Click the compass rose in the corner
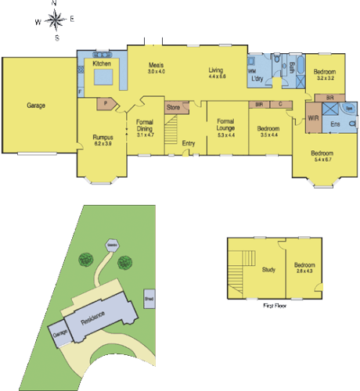point(55,20)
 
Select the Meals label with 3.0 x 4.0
point(157,69)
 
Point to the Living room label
point(216,74)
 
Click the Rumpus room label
point(103,141)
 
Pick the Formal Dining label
point(145,128)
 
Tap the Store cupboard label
point(173,106)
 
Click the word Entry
point(189,143)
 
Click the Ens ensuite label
point(335,124)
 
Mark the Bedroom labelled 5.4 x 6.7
point(322,156)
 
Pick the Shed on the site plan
point(149,297)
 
